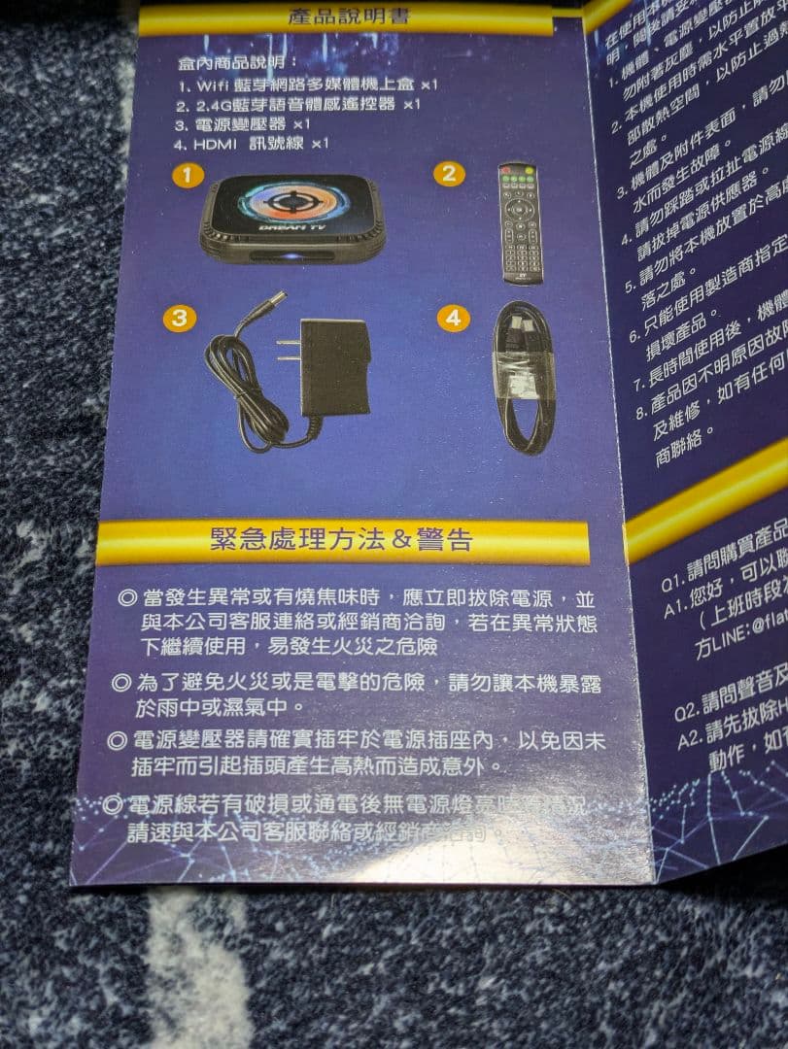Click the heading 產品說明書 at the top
tap(348, 17)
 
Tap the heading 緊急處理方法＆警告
tap(341, 540)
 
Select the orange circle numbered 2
tap(448, 174)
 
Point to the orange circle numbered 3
tap(179, 318)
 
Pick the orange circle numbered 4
tap(452, 318)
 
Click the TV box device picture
tap(291, 217)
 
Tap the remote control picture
tap(521, 222)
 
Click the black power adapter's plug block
tap(333, 366)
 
